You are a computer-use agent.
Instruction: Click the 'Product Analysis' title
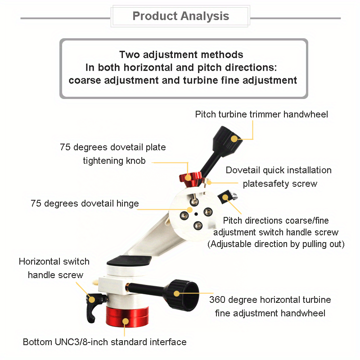180,17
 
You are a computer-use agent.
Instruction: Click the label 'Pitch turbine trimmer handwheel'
261,114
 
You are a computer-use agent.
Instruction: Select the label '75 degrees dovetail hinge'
85,203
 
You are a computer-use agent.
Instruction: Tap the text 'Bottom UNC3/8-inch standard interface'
104,342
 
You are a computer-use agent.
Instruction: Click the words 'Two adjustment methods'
181,55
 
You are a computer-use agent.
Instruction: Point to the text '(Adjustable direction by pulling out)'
276,244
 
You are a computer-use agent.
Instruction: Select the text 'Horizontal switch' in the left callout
54,262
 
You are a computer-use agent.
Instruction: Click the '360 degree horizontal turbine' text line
270,300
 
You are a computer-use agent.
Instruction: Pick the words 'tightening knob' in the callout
114,161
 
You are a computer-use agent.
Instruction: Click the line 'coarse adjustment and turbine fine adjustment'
183,81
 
